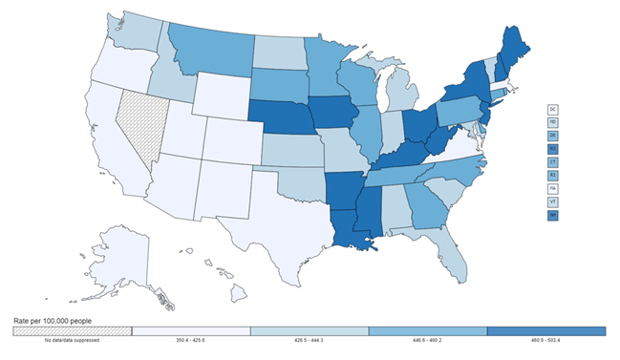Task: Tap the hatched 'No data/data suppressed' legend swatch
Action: pos(72,330)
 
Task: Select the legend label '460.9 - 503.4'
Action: pos(545,340)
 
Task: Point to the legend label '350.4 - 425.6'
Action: pos(190,340)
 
